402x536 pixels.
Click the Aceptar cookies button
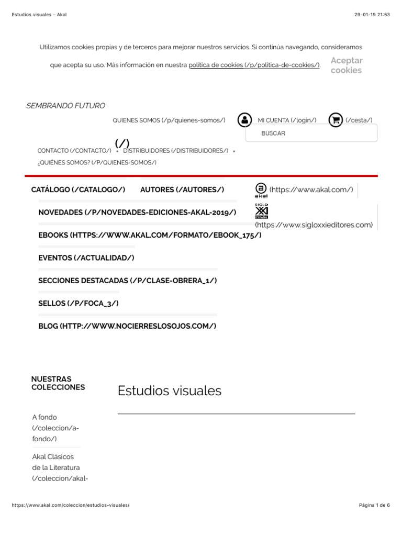(346, 65)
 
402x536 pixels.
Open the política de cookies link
(254, 65)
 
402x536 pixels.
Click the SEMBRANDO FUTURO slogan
(65, 106)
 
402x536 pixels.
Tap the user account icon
(244, 120)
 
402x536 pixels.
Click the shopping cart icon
(336, 120)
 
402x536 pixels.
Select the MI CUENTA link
(287, 120)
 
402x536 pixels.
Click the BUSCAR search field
(317, 133)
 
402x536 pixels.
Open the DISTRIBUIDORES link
(175, 151)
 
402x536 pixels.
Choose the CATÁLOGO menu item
(78, 189)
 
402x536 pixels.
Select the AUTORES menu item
(182, 189)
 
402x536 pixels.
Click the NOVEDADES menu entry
(137, 213)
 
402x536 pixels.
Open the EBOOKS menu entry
(150, 235)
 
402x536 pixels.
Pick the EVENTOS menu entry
(86, 258)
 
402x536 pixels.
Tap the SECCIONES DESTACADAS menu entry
(127, 281)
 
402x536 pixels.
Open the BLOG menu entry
(127, 326)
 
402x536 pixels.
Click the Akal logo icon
(261, 190)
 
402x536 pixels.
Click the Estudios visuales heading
(170, 390)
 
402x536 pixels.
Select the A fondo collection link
(55, 428)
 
